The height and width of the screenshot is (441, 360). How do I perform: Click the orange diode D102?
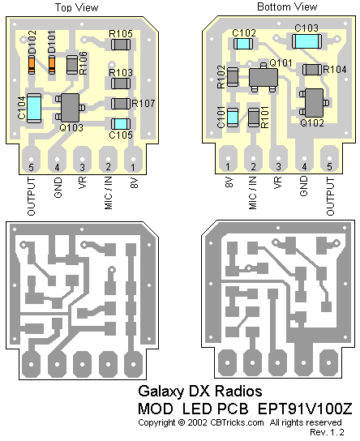coord(32,65)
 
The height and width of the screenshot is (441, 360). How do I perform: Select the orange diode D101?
coord(52,65)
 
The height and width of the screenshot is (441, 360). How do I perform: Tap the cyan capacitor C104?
coord(34,108)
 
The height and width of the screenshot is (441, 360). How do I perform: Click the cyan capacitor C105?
coord(121,124)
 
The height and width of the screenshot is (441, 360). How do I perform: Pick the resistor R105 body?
coord(121,45)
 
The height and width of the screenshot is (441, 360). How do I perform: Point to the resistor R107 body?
coord(121,104)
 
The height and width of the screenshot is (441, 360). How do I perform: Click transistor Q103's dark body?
coord(70,108)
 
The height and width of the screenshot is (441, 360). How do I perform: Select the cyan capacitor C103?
coord(306,41)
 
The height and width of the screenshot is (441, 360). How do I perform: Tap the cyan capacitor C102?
coord(243,44)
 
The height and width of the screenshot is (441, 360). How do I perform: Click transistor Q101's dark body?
coord(264,77)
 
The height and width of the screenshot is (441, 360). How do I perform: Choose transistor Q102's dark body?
coord(314,103)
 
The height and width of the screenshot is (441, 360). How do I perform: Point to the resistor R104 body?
coord(312,70)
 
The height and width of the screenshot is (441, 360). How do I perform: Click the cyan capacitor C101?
coord(233,118)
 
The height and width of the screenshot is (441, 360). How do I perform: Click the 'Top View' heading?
coord(76,7)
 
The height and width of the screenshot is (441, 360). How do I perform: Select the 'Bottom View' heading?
coord(287,6)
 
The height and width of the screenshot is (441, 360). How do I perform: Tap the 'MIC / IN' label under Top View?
coord(109,193)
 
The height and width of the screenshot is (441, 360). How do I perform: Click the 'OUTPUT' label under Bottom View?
coord(330,196)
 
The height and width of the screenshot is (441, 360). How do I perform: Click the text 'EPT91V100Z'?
coord(305,409)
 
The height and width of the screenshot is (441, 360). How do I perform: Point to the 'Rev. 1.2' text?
coord(327,432)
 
